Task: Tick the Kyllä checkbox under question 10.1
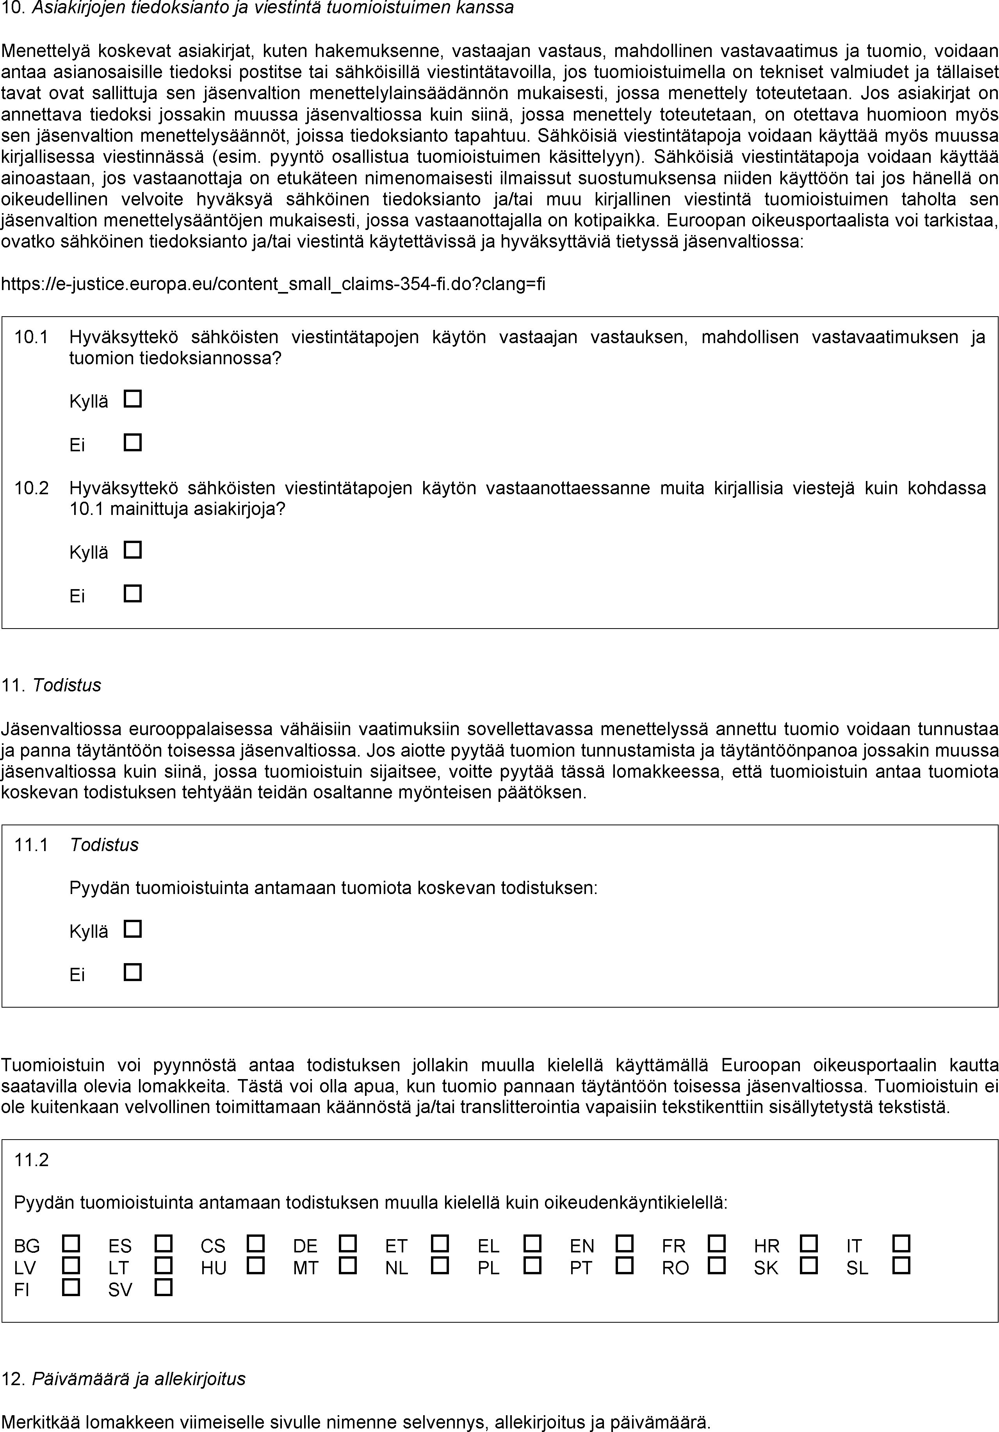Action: click(133, 399)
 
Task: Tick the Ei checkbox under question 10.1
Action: click(133, 443)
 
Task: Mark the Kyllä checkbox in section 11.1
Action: click(133, 929)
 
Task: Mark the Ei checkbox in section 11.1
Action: click(133, 972)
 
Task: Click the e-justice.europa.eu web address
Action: click(273, 284)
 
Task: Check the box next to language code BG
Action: click(71, 1244)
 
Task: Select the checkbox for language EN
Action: click(624, 1244)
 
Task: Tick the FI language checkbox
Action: click(71, 1287)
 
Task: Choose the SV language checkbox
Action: click(164, 1287)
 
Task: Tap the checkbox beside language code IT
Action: click(901, 1244)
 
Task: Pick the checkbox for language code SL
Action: click(901, 1265)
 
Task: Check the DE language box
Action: click(347, 1244)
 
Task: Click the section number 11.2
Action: click(31, 1160)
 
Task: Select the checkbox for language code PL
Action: click(532, 1265)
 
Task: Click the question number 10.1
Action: click(31, 337)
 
